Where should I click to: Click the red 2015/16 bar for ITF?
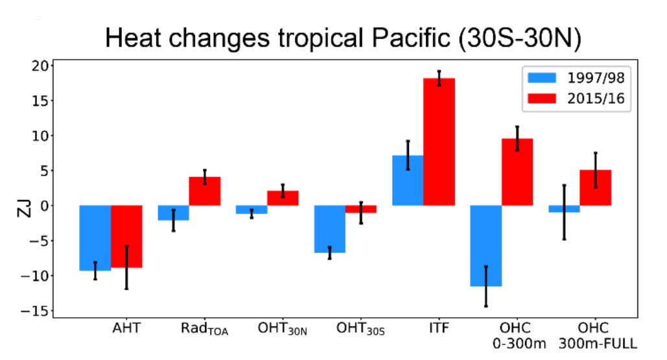click(439, 141)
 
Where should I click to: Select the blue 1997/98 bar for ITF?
click(408, 180)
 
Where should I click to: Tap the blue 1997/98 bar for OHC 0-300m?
click(486, 245)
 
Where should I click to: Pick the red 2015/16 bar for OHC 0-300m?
click(517, 172)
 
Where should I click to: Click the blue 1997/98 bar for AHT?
click(95, 237)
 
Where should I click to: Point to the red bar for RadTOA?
click(205, 191)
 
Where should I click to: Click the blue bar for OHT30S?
click(330, 228)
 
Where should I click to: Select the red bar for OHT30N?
click(283, 198)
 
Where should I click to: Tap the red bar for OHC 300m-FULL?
click(596, 187)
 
